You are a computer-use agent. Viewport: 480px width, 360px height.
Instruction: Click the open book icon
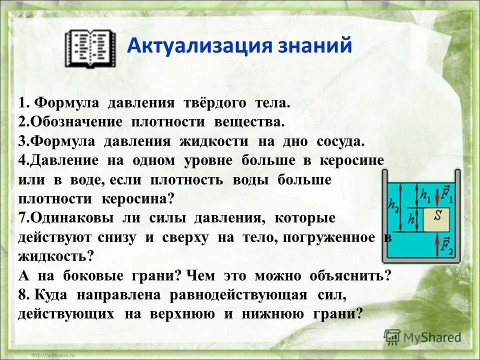pyautogui.click(x=90, y=48)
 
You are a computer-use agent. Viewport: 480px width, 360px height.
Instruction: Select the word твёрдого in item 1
pyautogui.click(x=215, y=103)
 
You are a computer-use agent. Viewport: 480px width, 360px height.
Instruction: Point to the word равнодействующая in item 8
pyautogui.click(x=238, y=294)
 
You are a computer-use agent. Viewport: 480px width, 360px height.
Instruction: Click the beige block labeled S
pyautogui.click(x=436, y=218)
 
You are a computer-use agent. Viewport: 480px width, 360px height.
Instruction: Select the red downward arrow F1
pyautogui.click(x=438, y=195)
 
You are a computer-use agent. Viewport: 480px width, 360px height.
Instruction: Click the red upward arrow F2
pyautogui.click(x=438, y=243)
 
